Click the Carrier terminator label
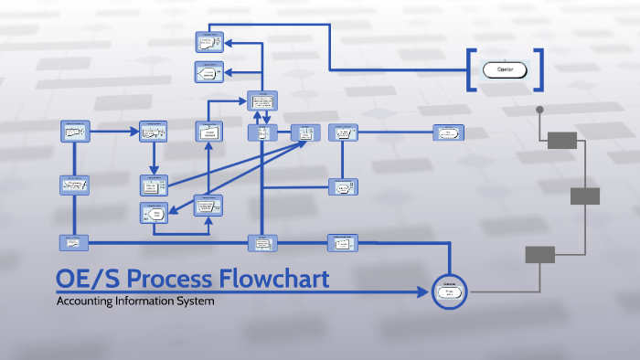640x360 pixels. (505, 69)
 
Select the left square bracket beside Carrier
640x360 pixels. (471, 69)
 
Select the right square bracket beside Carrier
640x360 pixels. (539, 69)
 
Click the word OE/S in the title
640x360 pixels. (89, 279)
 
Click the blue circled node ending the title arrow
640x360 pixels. (449, 292)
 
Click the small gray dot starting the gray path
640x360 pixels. (539, 110)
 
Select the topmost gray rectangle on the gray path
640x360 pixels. (562, 140)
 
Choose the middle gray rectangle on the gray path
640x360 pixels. (585, 196)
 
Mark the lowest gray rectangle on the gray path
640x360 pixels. (539, 254)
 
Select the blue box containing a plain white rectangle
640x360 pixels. (208, 132)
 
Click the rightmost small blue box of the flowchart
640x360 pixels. (447, 132)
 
